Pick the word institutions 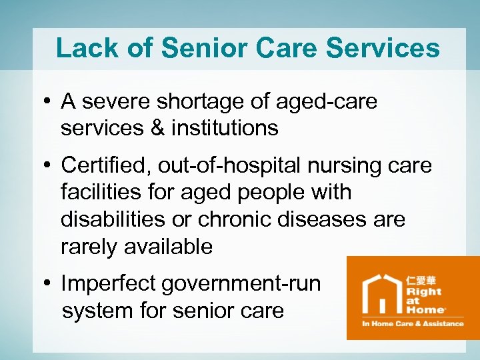tap(225, 127)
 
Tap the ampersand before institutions tap(157, 127)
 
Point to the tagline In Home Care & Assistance tap(412, 324)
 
